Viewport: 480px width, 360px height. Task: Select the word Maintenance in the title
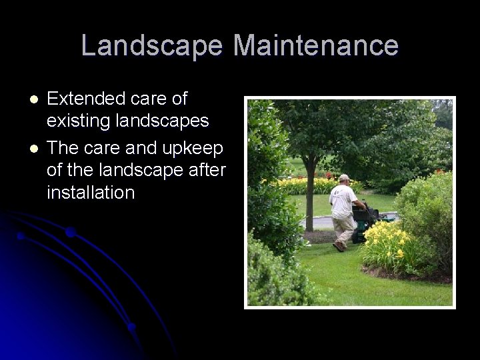[x=316, y=46]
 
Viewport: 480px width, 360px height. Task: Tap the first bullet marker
[x=35, y=99]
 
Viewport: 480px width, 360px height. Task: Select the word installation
[x=91, y=193]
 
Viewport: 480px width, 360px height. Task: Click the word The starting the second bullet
[x=63, y=146]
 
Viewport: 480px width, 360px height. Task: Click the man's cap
[x=344, y=177]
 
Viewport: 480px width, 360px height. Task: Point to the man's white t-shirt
[x=343, y=200]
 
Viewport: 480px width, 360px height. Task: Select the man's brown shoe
[x=339, y=247]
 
